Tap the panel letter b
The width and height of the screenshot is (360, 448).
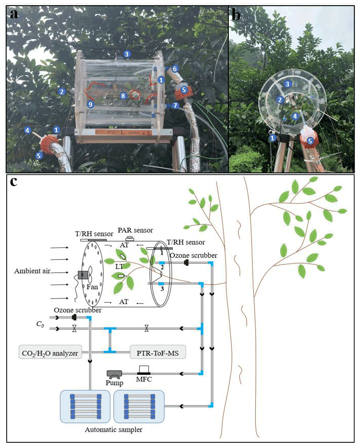click(x=236, y=14)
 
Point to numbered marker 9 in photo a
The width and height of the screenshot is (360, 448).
click(x=91, y=104)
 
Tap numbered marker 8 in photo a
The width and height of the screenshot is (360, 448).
click(x=123, y=95)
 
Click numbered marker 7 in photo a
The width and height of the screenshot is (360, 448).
click(x=175, y=105)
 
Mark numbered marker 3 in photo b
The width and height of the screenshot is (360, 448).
click(x=288, y=84)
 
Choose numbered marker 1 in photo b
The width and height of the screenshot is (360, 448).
click(x=273, y=137)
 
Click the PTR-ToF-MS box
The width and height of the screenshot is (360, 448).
click(x=157, y=352)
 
